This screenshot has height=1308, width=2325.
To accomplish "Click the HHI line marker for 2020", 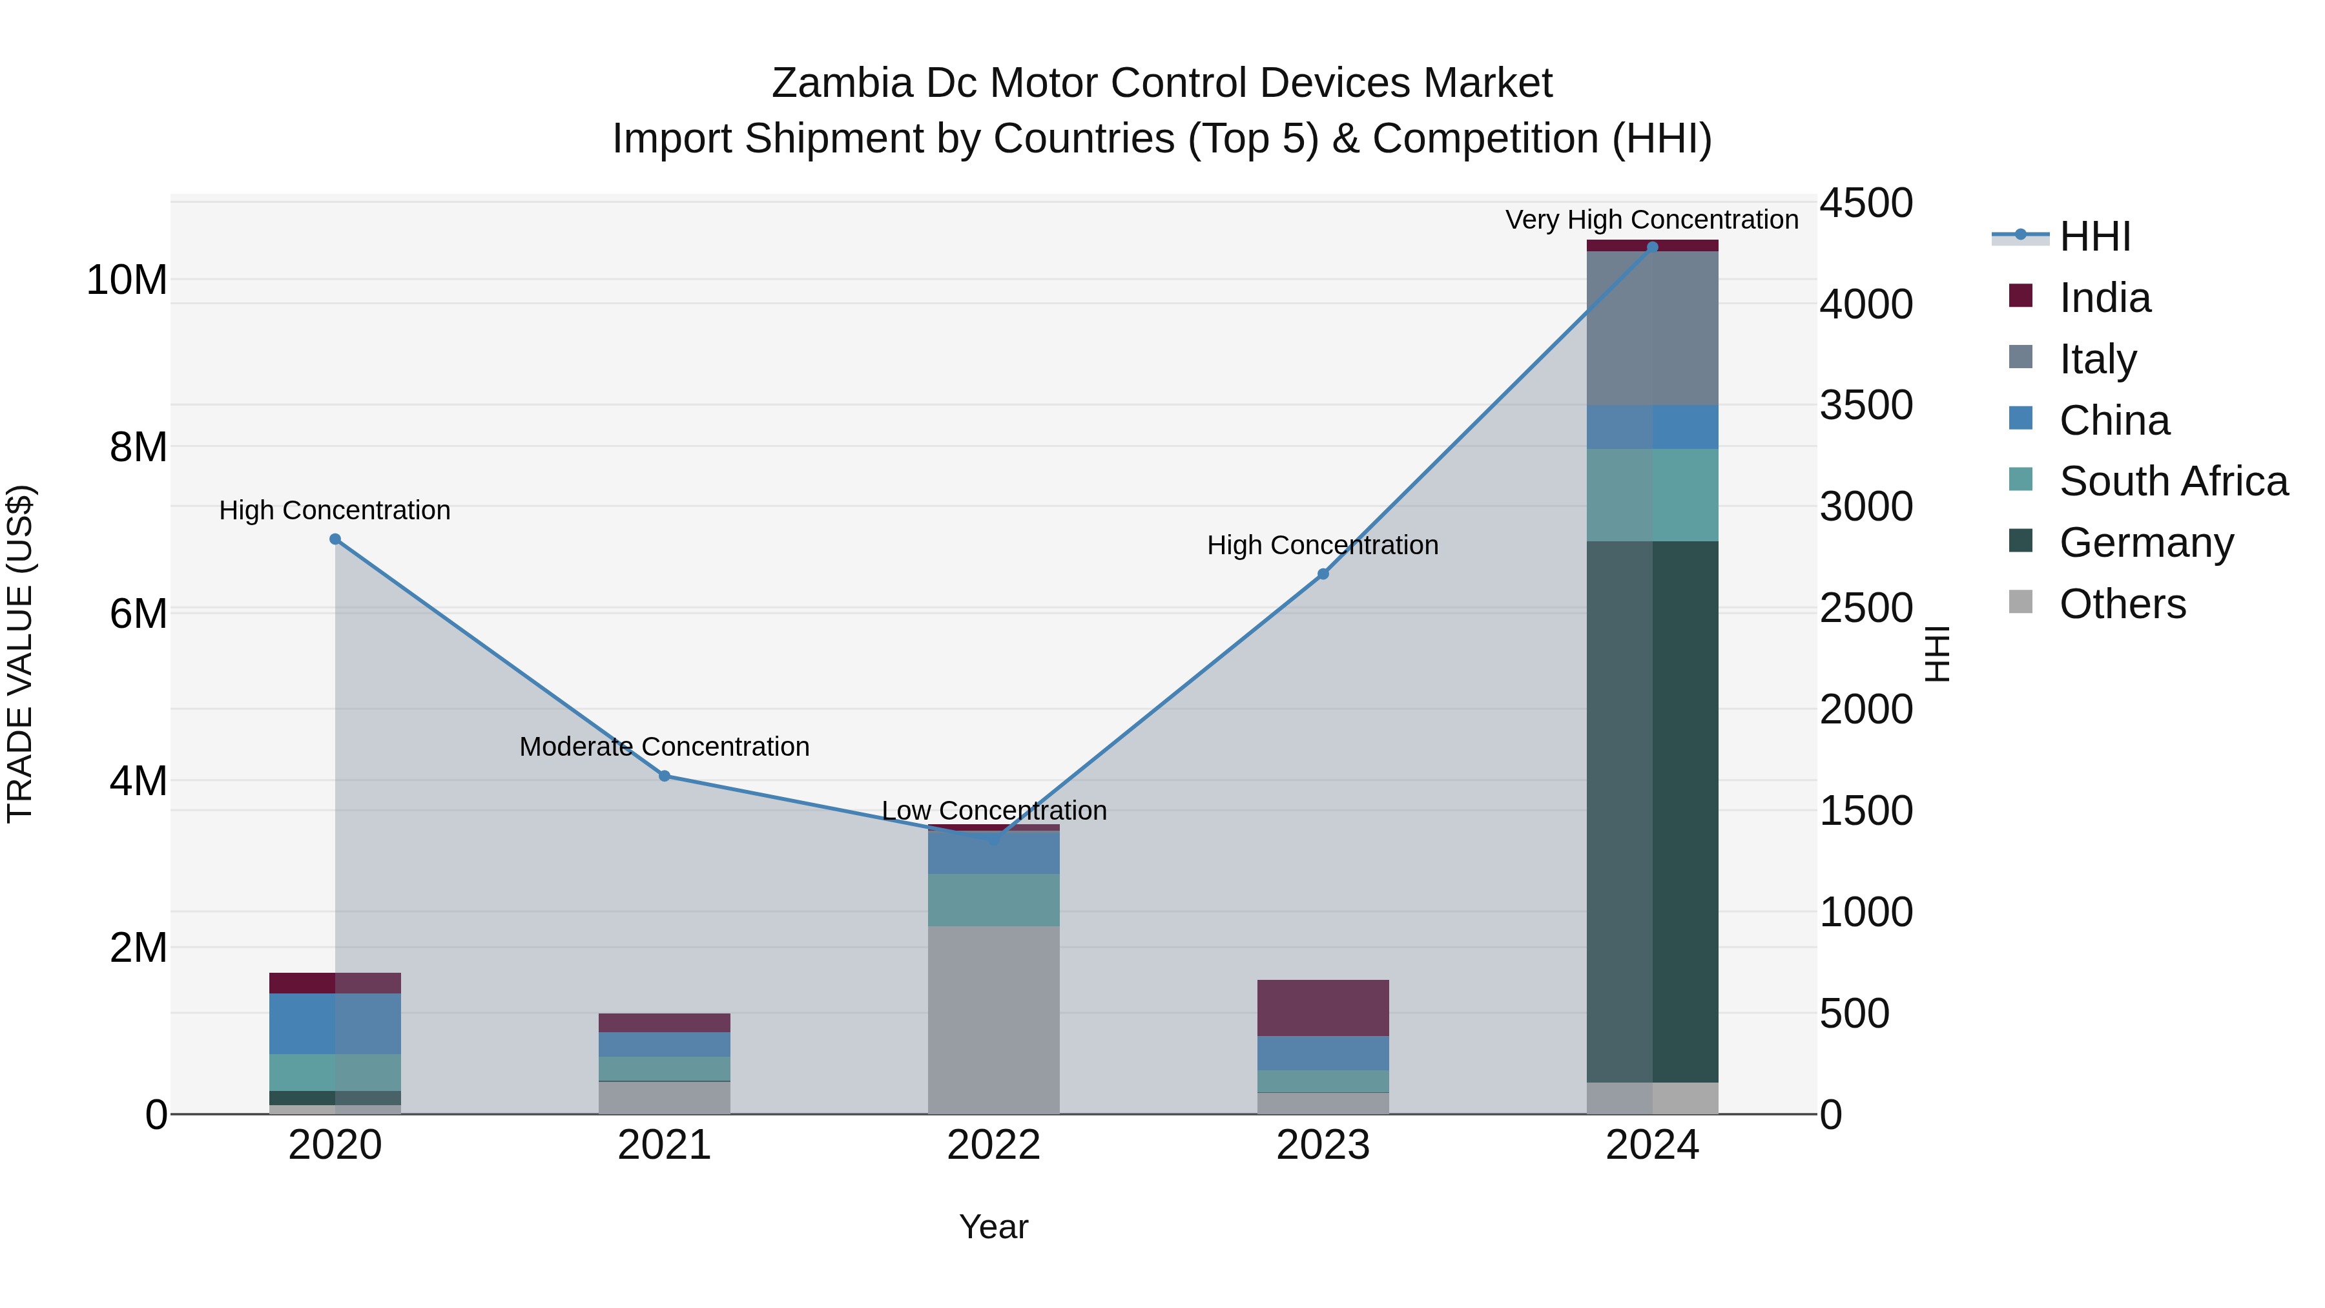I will tap(335, 539).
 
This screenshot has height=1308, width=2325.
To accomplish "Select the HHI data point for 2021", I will tap(665, 775).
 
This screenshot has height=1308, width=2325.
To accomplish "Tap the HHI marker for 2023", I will tap(1323, 574).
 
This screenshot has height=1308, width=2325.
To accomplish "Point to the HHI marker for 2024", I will tap(1653, 247).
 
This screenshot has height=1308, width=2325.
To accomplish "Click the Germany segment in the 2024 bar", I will tap(1653, 813).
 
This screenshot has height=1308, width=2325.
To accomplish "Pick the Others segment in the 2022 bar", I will tap(994, 1020).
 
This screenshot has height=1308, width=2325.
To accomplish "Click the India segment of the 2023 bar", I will tap(1323, 1008).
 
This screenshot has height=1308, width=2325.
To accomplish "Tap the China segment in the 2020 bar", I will tap(335, 1024).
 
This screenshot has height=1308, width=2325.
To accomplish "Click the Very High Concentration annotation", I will tap(1651, 220).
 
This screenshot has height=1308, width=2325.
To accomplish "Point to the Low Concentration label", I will tap(994, 810).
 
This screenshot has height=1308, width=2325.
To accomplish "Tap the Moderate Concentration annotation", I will tap(665, 747).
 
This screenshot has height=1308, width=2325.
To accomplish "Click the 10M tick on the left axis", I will tap(127, 280).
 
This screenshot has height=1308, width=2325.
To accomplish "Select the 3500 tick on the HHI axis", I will tap(1865, 405).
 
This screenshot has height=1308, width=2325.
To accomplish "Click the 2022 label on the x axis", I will tap(994, 1145).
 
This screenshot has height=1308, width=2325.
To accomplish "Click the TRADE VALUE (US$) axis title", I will tap(20, 654).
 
